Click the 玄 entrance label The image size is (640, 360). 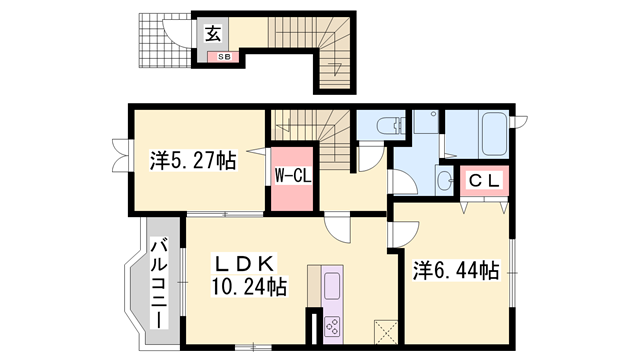[x=213, y=34]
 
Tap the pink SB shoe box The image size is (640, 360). [x=223, y=57]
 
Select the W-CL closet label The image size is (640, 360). [x=292, y=176]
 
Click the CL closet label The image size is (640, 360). [x=484, y=180]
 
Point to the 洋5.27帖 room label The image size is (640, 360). [x=193, y=160]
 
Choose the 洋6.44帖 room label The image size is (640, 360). [x=456, y=270]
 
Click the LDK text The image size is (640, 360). [x=244, y=264]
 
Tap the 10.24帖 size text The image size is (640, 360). [x=248, y=286]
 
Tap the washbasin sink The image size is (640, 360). [x=444, y=180]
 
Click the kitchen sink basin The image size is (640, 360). [x=332, y=286]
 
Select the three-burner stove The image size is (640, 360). [x=332, y=326]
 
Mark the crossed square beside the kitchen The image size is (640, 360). [x=386, y=332]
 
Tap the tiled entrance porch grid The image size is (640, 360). [x=165, y=40]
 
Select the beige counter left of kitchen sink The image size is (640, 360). [x=314, y=285]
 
